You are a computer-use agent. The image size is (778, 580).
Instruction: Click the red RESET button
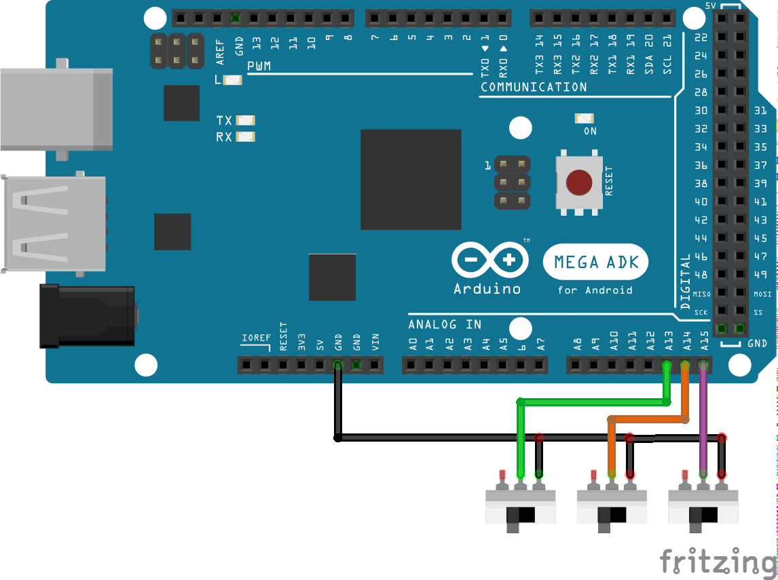pos(579,182)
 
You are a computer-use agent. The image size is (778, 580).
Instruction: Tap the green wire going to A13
pos(591,402)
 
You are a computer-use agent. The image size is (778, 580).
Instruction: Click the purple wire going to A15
pos(703,421)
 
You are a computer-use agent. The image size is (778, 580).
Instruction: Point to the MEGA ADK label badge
pos(595,262)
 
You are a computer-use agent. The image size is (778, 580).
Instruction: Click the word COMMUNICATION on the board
pos(534,87)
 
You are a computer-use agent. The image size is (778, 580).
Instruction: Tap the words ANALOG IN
pos(445,324)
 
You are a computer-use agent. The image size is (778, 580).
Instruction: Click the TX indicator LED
pos(245,121)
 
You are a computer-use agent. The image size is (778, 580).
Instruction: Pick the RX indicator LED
pos(245,137)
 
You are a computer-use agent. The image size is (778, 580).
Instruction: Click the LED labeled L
pos(232,80)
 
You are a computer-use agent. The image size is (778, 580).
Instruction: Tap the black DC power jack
pos(88,316)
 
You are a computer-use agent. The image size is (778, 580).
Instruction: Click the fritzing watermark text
pos(717,562)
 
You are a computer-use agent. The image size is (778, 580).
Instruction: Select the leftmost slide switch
pos(521,509)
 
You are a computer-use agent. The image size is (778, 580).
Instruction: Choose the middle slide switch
pos(612,509)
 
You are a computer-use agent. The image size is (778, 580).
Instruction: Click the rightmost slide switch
pos(703,509)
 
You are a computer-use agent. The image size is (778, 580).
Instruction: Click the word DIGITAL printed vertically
pos(685,281)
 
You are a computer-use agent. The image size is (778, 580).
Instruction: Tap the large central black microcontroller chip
pos(411,180)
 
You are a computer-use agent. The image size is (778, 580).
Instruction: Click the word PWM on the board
pos(259,66)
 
